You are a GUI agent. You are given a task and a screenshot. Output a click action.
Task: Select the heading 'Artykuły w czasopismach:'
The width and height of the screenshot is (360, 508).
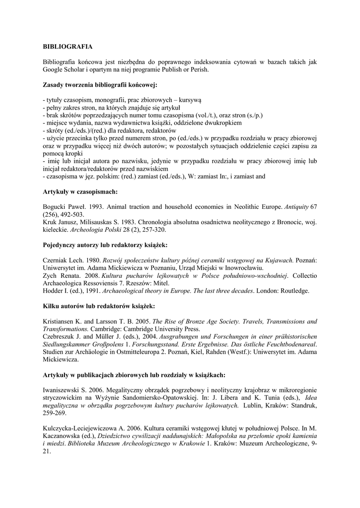pos(80,191)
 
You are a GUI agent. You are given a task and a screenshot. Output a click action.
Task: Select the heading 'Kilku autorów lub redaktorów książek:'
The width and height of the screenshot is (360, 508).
pos(99,306)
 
